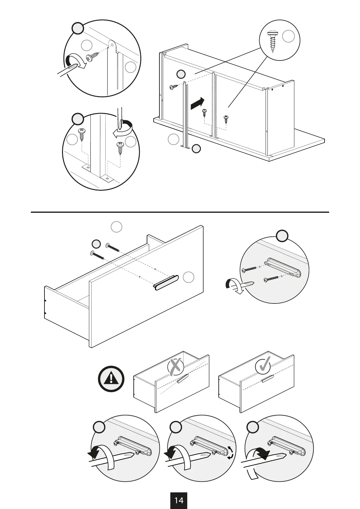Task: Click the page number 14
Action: click(x=179, y=500)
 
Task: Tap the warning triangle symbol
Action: click(x=111, y=379)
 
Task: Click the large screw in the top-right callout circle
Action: click(x=273, y=41)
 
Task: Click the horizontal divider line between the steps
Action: click(x=180, y=212)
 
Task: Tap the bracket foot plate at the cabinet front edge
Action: click(x=185, y=147)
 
